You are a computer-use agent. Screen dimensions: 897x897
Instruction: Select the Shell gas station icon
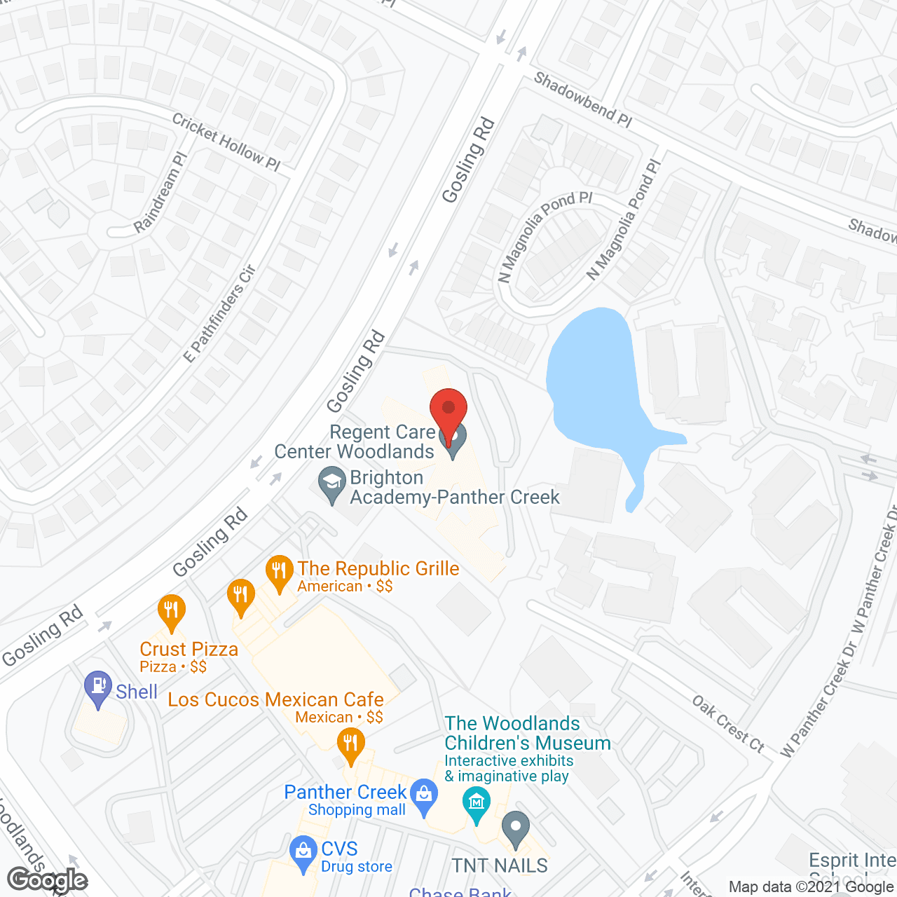coord(98,689)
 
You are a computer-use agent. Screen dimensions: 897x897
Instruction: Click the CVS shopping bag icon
coord(303,853)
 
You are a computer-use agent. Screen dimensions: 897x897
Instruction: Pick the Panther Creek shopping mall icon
coord(423,797)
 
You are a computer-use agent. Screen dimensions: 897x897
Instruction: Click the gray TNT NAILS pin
coord(516,829)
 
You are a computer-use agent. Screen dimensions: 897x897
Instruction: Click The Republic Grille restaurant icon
coord(280,573)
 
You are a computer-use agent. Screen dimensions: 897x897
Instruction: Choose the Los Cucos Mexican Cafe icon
coord(350,746)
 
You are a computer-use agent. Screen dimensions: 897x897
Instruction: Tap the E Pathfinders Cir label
coord(220,313)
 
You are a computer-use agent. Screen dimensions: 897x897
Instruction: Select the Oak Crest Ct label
coord(728,723)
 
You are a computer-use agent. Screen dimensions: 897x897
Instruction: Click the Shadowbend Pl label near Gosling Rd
coord(583,100)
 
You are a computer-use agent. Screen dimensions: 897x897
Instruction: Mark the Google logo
coord(48,879)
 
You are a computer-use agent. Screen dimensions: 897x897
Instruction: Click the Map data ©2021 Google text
coord(812,886)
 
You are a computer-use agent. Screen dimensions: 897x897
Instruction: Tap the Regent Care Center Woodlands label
coord(355,441)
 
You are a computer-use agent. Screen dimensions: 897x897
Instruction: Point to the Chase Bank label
coord(460,892)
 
